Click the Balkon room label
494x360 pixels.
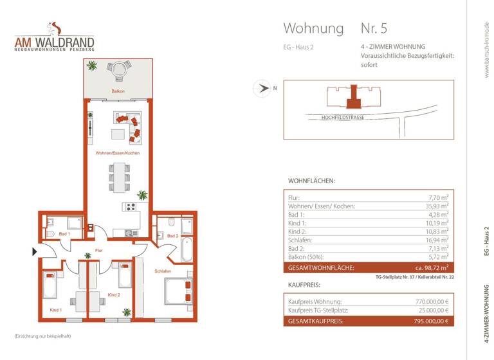click(117, 91)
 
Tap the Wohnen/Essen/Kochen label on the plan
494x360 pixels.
click(117, 153)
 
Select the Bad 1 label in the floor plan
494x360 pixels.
click(64, 235)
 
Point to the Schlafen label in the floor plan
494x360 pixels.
click(162, 271)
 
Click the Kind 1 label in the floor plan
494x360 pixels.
click(57, 310)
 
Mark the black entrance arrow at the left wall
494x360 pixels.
click(34, 251)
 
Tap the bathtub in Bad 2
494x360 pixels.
click(187, 249)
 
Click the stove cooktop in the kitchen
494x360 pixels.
click(131, 207)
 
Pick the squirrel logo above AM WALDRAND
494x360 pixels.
click(54, 29)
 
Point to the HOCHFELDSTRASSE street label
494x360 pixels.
click(343, 117)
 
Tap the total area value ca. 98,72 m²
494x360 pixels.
click(430, 267)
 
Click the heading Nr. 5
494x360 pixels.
click(374, 28)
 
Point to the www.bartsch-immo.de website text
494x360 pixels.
click(487, 51)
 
